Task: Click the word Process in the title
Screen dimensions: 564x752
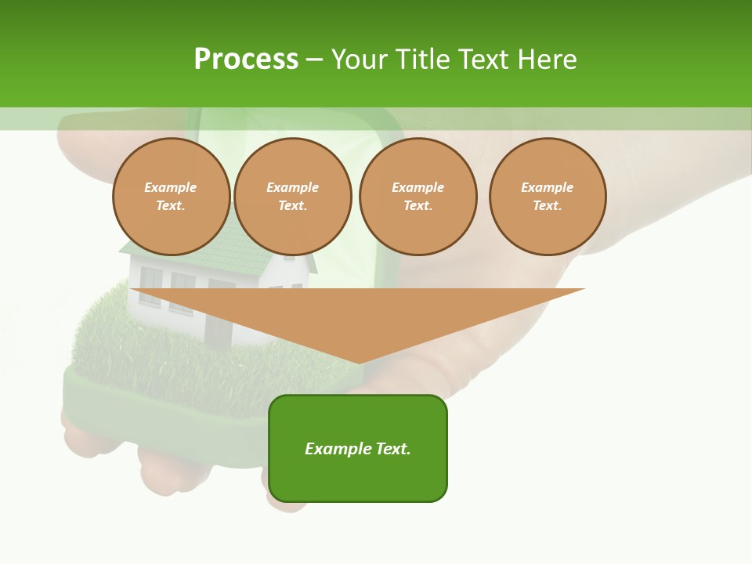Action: tap(246, 60)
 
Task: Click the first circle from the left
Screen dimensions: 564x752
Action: tap(171, 197)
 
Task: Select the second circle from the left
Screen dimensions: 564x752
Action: tap(293, 197)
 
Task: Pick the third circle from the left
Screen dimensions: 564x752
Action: tap(418, 197)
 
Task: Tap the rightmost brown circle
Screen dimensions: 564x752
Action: tap(548, 197)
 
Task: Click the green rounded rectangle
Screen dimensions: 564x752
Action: tap(358, 448)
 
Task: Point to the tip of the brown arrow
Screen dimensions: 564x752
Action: tap(359, 362)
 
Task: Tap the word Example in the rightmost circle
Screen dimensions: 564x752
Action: tap(548, 188)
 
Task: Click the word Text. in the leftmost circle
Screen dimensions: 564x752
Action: tap(171, 206)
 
